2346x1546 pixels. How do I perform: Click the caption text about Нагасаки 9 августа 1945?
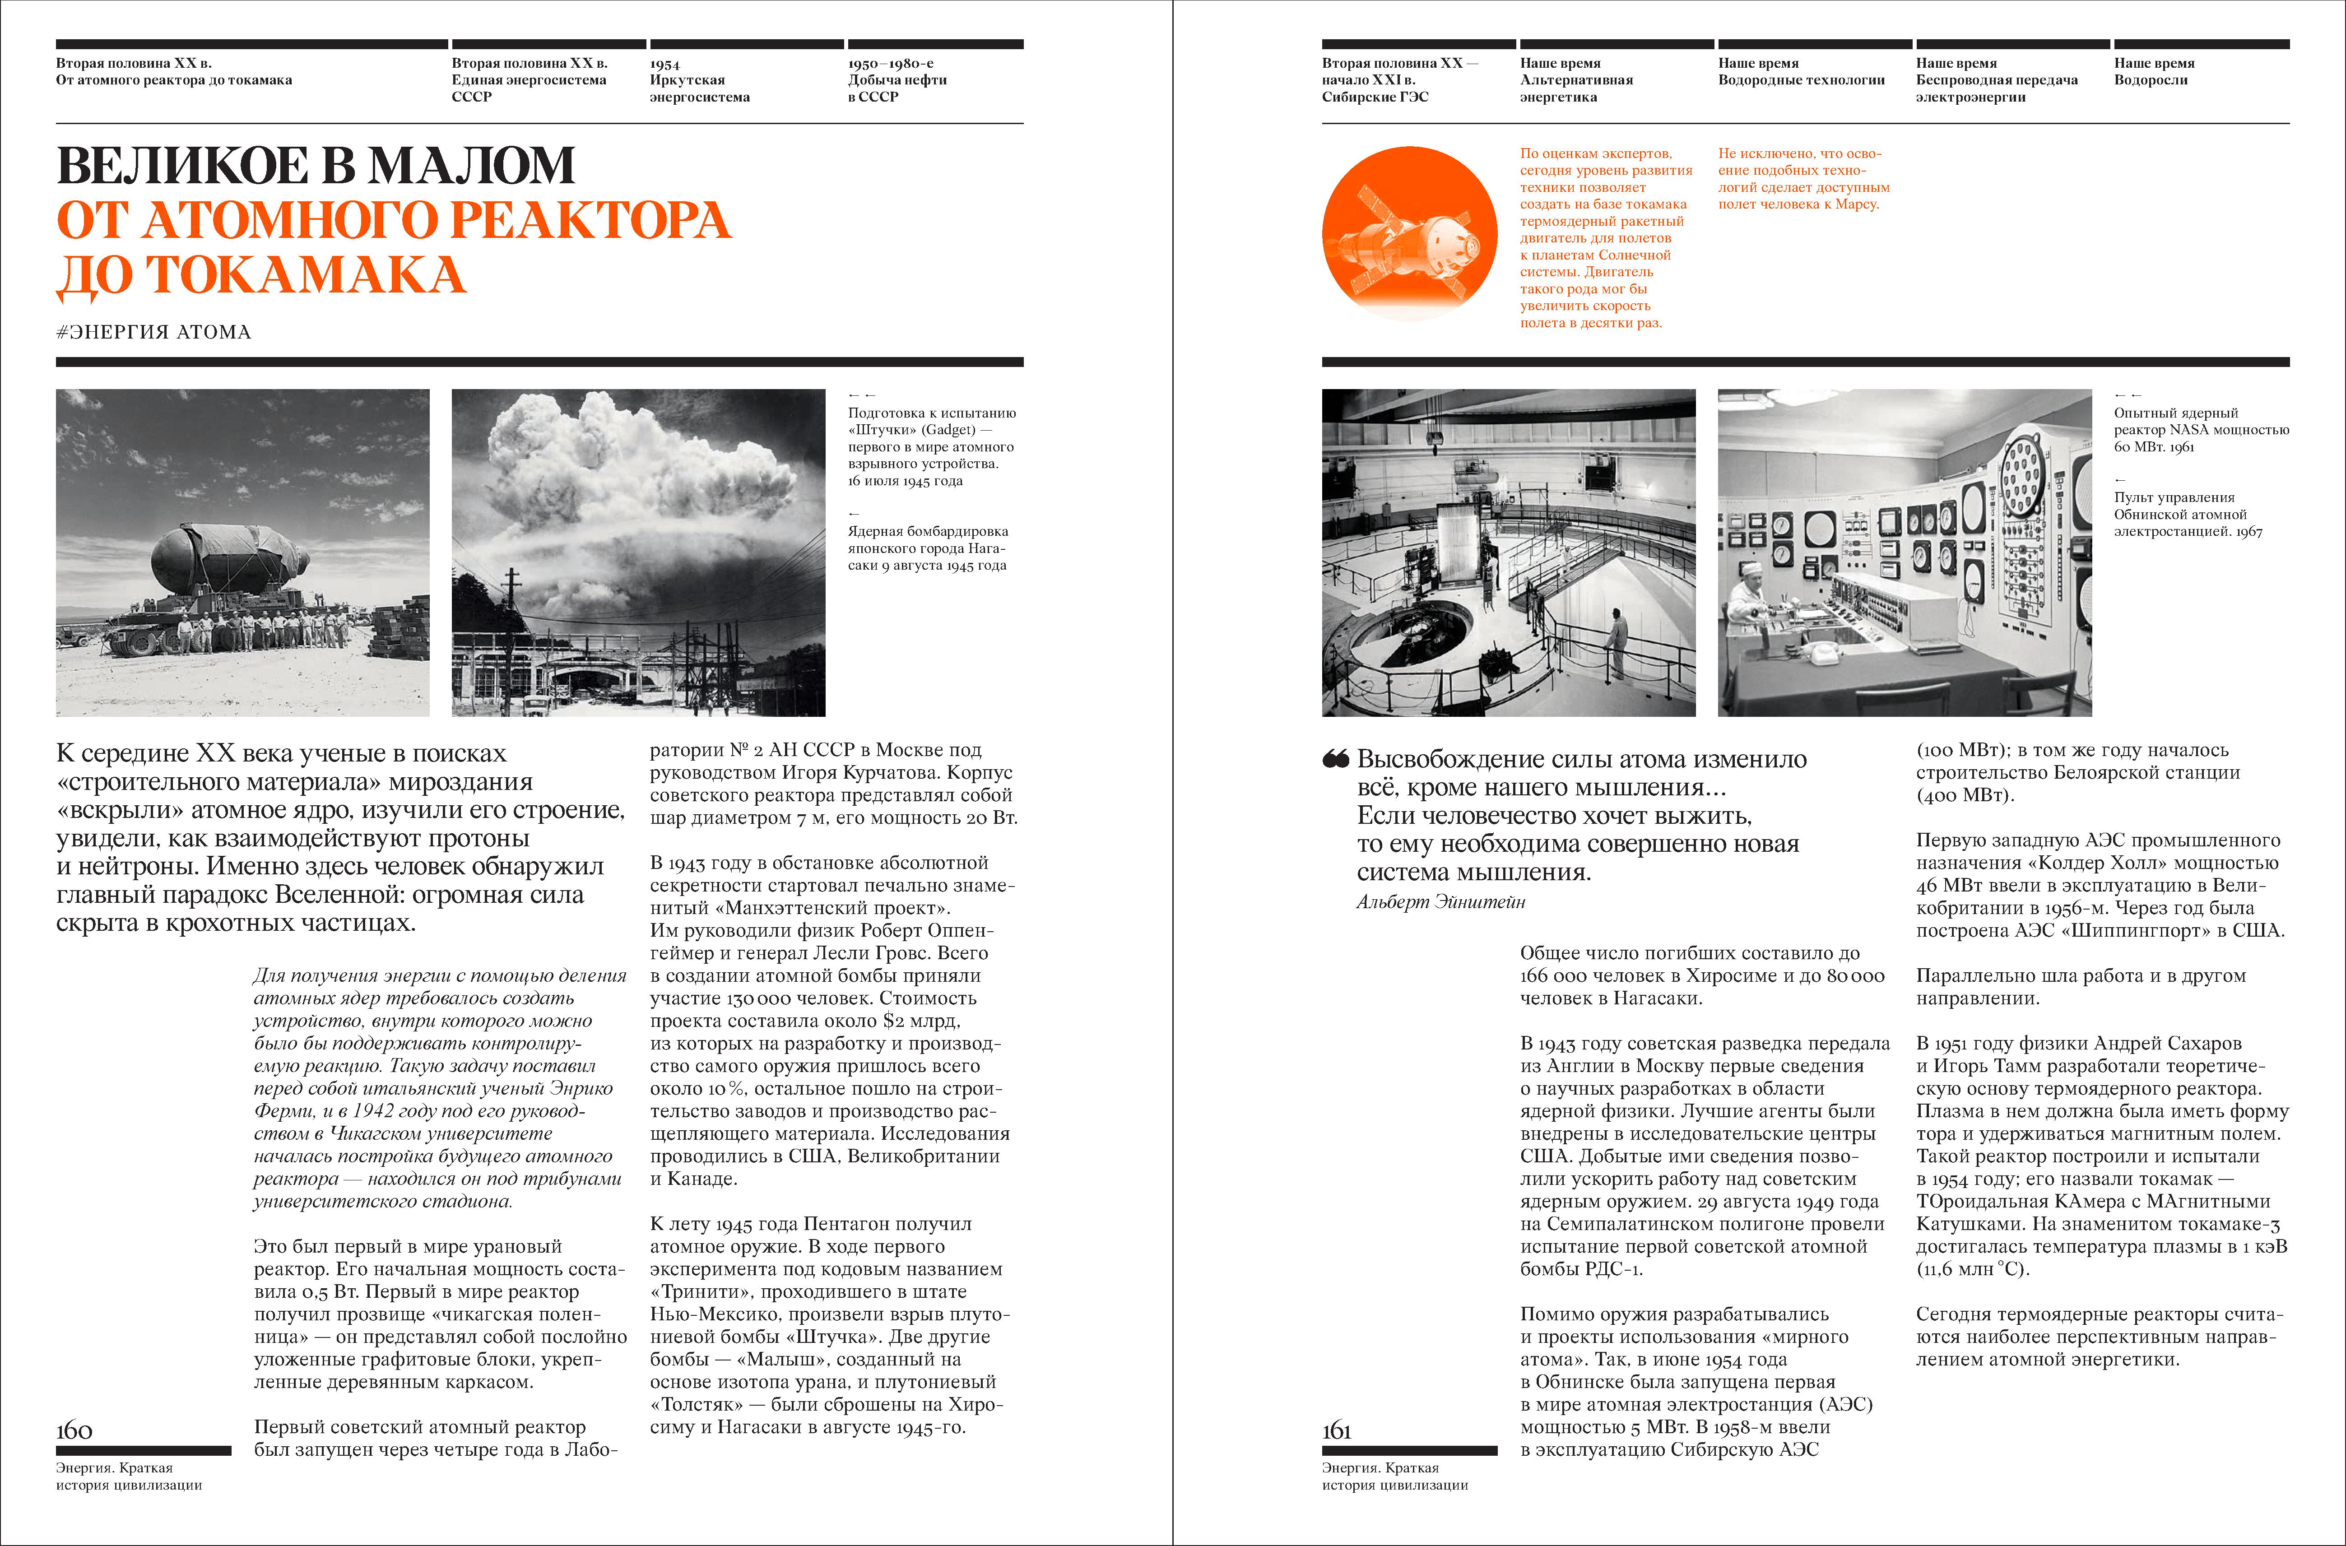pyautogui.click(x=927, y=548)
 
